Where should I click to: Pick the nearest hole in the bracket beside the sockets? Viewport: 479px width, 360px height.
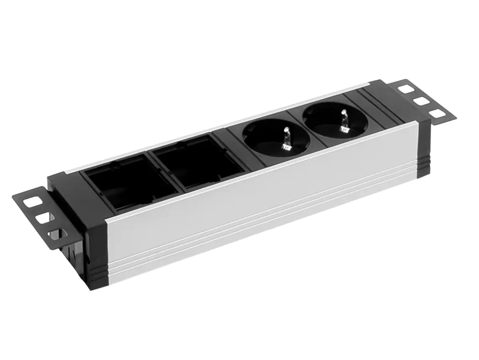click(x=439, y=114)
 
